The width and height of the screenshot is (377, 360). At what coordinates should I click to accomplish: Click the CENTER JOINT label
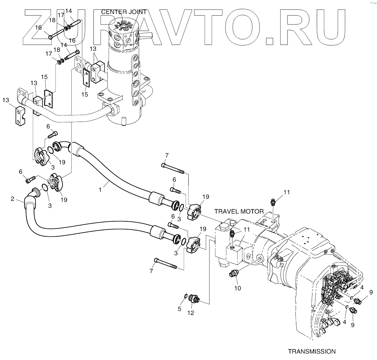[124, 12]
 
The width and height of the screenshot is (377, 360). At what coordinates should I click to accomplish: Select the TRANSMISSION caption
[312, 351]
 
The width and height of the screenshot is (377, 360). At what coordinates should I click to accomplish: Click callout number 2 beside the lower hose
[13, 198]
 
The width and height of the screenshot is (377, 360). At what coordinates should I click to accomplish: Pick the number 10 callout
[237, 288]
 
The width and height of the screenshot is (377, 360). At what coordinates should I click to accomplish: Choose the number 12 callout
[191, 312]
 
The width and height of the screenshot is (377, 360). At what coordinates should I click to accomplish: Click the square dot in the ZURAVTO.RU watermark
[270, 41]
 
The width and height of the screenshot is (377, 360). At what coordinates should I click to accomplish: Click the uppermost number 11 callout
[286, 192]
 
